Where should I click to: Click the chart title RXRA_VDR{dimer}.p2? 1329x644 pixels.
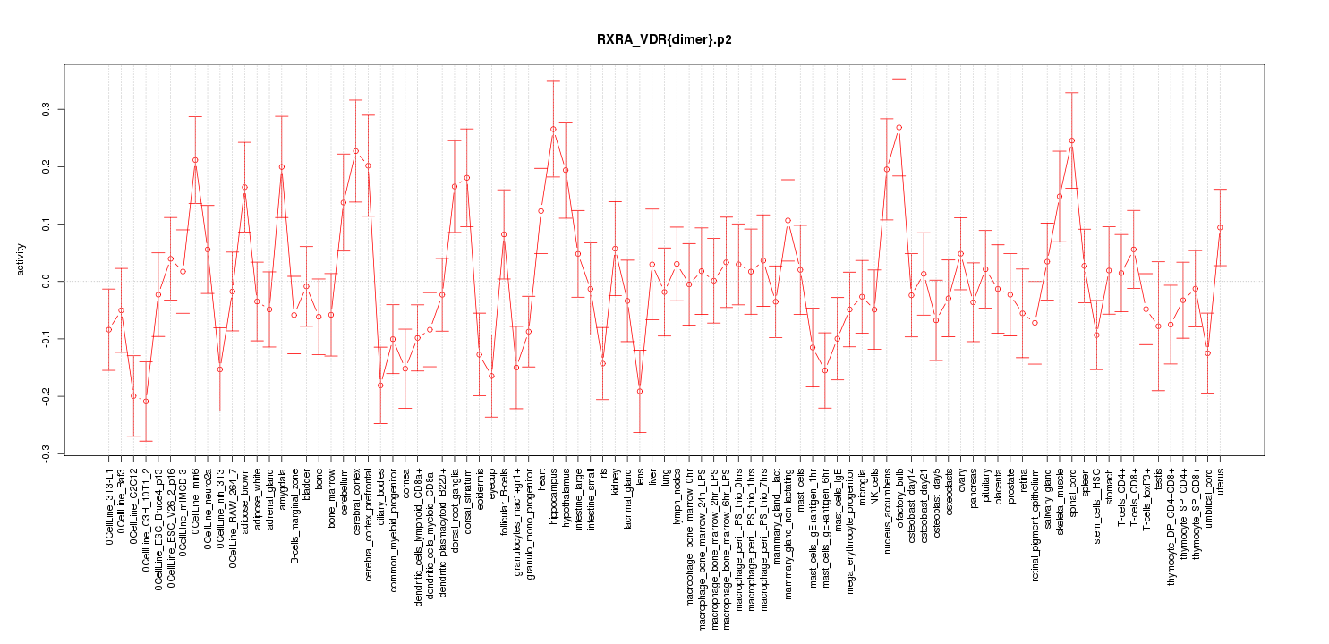point(664,40)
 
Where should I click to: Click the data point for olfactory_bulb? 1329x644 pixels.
point(899,128)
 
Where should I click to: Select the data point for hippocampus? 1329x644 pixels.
point(553,129)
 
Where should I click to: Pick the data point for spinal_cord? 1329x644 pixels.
point(1072,140)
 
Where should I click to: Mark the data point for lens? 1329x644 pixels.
point(640,391)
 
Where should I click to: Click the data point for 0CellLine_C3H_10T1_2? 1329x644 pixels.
point(146,402)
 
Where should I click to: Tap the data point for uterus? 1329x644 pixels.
point(1220,227)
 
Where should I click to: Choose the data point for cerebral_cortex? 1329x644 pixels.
point(355,150)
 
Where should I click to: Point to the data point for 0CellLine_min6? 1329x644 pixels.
point(195,160)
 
